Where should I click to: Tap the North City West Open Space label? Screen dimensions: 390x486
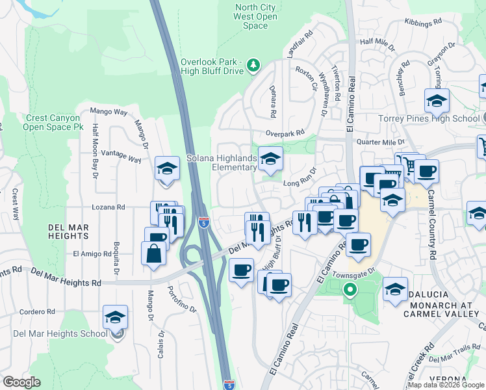click(x=255, y=16)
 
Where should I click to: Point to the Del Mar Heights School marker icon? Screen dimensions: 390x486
click(x=116, y=318)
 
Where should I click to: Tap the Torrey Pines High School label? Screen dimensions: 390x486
click(x=429, y=118)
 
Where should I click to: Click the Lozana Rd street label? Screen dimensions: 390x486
click(x=112, y=207)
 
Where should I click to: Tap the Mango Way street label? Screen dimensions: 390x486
click(x=109, y=112)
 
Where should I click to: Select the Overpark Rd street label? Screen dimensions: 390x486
click(x=285, y=133)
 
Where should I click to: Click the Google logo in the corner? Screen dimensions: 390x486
click(x=21, y=382)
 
